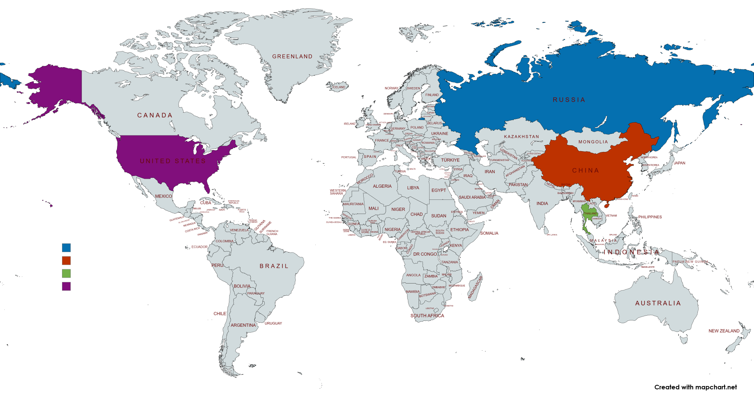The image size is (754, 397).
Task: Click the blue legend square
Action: [x=66, y=247]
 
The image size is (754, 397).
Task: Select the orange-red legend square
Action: [x=66, y=260]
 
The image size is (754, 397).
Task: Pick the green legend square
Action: [x=66, y=273]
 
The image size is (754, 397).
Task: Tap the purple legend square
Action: [x=66, y=286]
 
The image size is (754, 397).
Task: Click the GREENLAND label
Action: [x=292, y=57]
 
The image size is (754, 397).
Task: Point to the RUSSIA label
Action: [x=569, y=100]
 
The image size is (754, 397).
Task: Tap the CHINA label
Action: [x=586, y=170]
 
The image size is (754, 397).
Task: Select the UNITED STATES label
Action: [x=173, y=161]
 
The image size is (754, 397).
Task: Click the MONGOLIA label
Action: [x=593, y=142]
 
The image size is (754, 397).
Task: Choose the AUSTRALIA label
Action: [x=658, y=303]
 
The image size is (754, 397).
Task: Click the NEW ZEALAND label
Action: [x=724, y=331]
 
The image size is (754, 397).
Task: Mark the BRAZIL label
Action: [x=274, y=266]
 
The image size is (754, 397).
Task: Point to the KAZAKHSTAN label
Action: [x=522, y=137]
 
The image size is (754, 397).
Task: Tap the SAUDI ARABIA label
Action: [x=472, y=197]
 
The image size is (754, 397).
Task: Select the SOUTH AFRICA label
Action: [x=427, y=316]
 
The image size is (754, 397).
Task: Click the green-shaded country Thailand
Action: [x=587, y=214]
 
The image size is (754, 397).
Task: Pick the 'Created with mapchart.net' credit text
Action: [x=695, y=387]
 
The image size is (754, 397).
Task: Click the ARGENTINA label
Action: [x=243, y=325]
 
